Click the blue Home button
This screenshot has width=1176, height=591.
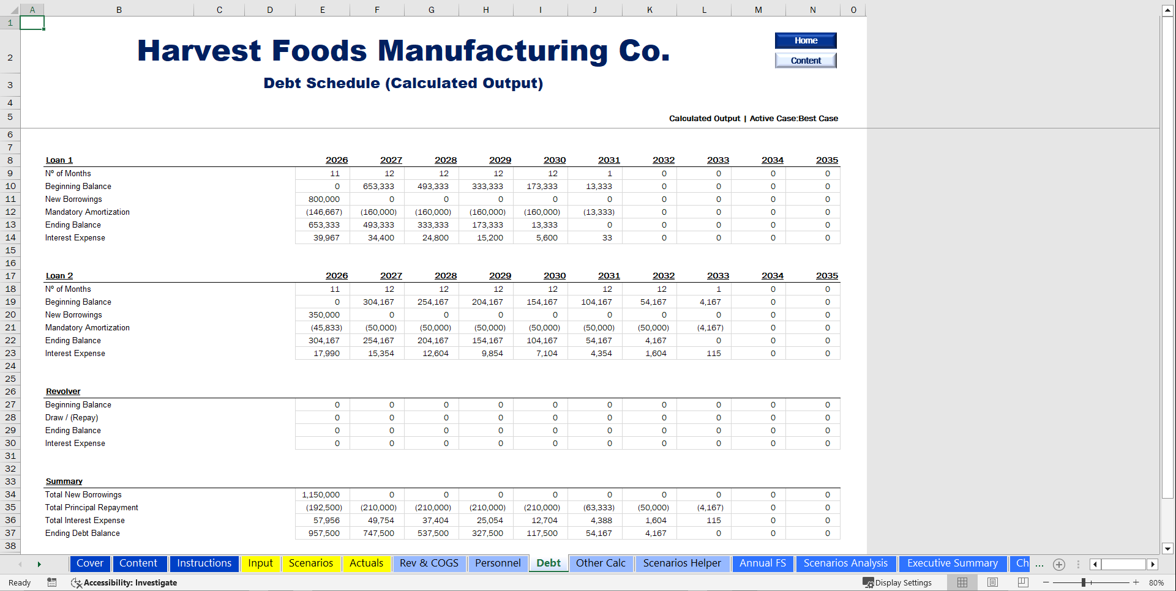805,40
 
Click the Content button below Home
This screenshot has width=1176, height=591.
805,61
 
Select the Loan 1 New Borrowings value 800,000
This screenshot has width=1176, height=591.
324,199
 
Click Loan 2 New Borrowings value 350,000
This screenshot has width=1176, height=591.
324,315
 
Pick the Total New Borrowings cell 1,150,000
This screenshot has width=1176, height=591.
321,495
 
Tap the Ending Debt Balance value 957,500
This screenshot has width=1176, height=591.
324,533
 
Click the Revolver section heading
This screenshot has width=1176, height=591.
63,392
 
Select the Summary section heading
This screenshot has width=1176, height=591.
64,481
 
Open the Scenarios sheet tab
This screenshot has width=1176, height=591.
310,563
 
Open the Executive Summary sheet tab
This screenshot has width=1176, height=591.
952,563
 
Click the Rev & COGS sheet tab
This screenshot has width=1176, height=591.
429,563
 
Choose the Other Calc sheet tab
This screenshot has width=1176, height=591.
601,563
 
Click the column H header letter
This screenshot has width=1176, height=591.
485,10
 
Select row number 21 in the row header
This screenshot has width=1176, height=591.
10,328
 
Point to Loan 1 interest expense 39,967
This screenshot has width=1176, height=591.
326,238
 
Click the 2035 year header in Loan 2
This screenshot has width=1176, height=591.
826,276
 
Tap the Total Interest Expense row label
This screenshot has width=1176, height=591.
84,521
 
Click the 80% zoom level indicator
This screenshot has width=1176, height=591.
1156,583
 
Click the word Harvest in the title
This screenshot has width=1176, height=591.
199,51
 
